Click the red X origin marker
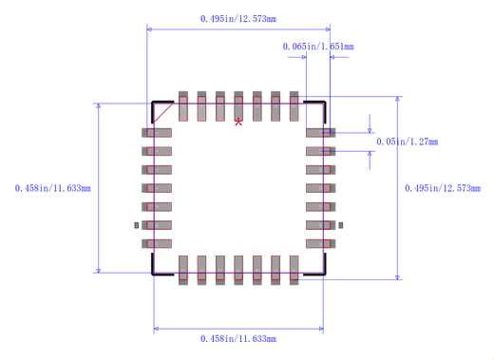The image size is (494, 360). coord(238,122)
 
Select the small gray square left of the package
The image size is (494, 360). coord(137,225)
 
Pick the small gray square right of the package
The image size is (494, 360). coord(341,225)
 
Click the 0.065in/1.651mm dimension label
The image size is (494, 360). coord(318,47)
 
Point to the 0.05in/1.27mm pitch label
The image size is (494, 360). coord(408,142)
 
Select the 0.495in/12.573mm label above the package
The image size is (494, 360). coord(239,19)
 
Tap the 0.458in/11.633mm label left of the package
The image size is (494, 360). coord(53,188)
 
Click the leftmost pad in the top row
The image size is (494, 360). coord(183,106)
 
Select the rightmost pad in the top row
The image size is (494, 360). coord(294,106)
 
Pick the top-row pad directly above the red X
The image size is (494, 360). coord(238,106)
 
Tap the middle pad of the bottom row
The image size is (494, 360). coord(238,269)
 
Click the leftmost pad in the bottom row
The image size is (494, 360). coord(183,269)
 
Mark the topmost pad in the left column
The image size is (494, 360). coord(158,133)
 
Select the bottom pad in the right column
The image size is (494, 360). coord(320,244)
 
